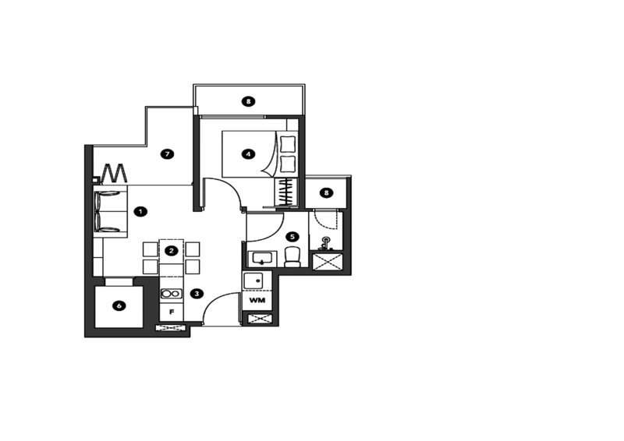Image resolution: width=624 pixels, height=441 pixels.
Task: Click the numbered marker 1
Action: click(140, 210)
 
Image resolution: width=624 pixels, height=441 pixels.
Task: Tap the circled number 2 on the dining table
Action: click(171, 250)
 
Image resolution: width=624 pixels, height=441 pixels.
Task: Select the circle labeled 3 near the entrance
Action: click(197, 294)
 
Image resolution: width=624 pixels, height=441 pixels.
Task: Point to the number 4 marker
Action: click(248, 154)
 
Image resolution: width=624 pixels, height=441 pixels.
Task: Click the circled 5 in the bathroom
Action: click(292, 236)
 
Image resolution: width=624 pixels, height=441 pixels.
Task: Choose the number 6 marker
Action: click(119, 306)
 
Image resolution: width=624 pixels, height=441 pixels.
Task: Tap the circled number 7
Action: click(166, 154)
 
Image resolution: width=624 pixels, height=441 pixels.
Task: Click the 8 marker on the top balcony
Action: click(248, 101)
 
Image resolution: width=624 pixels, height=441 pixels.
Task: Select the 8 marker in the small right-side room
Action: click(327, 192)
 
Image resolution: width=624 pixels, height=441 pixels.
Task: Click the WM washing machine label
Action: click(257, 299)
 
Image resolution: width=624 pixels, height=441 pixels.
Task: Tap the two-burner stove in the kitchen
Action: click(171, 294)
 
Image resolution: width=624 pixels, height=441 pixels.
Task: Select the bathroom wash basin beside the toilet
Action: click(261, 258)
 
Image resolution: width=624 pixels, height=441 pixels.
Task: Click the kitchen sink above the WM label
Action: click(257, 280)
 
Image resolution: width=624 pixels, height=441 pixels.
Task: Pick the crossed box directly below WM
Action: click(257, 318)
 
